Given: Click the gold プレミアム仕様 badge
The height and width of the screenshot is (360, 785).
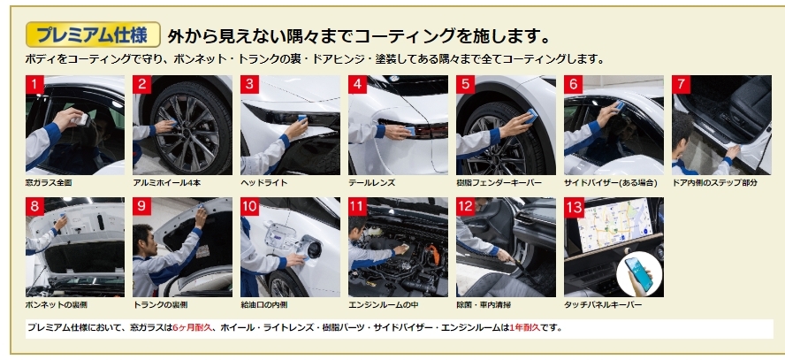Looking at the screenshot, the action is (x=93, y=34).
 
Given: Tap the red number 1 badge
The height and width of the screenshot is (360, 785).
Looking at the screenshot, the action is (x=34, y=85).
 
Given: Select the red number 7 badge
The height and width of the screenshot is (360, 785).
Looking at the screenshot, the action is (x=681, y=85).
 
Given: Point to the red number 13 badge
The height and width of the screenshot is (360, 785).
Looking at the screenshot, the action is (x=574, y=207).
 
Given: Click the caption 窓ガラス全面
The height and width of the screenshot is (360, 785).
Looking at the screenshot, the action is (x=49, y=183).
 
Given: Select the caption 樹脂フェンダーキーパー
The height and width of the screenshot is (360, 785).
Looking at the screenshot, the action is (x=499, y=183).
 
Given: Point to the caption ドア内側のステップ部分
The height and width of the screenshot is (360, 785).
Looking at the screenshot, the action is (x=714, y=183).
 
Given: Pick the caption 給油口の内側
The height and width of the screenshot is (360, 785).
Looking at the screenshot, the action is (x=263, y=304).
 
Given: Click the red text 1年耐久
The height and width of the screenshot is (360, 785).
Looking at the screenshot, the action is (x=525, y=328).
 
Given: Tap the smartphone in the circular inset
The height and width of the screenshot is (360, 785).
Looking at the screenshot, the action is (x=639, y=273).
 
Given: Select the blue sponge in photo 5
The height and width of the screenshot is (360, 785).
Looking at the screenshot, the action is (x=530, y=116).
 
